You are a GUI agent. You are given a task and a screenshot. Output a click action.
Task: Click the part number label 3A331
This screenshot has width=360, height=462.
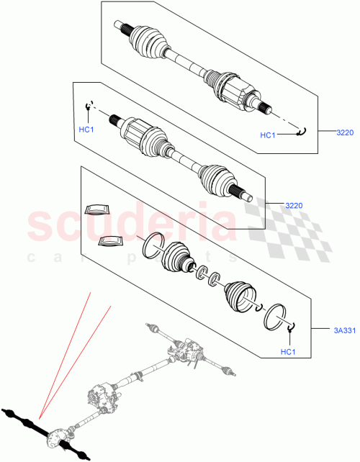point(343,331)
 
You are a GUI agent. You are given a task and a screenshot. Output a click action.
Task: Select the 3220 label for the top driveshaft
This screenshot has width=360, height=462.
point(344,132)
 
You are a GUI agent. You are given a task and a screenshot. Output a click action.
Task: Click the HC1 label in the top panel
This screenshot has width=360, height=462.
point(267,135)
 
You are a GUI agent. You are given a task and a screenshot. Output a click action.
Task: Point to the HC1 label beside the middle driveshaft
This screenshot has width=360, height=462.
point(86,130)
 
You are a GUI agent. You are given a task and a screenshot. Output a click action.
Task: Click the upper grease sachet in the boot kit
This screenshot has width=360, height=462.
point(96,209)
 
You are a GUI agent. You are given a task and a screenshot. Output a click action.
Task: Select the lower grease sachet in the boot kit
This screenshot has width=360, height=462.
point(112,241)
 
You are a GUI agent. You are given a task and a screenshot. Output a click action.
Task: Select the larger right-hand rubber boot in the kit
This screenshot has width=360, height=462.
point(237,296)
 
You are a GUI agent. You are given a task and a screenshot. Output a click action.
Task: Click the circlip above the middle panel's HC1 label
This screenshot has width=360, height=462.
point(87,107)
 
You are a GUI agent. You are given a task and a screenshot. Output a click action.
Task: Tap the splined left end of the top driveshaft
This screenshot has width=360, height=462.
point(122,30)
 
